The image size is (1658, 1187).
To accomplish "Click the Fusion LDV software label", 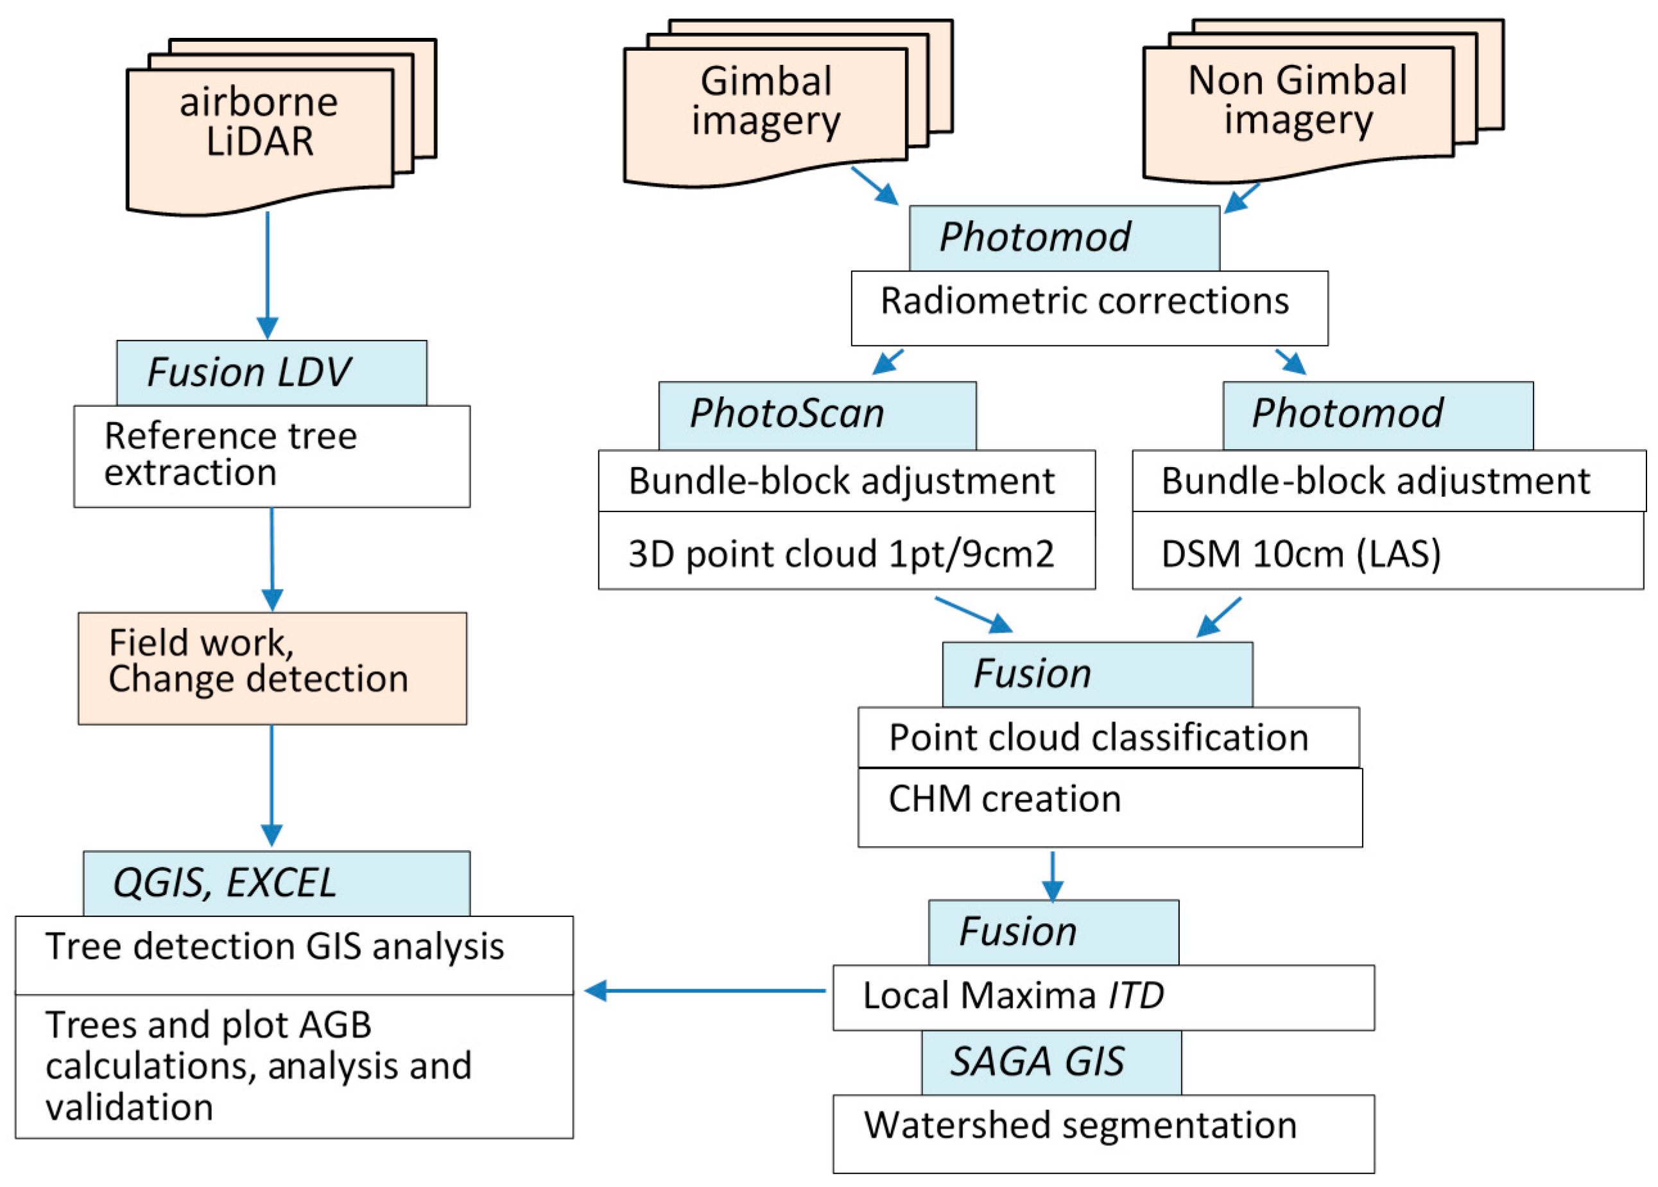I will pos(272,373).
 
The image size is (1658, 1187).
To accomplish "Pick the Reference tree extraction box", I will pos(272,456).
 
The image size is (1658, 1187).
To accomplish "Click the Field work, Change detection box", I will pos(272,668).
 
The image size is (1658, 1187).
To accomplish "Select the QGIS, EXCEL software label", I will pos(275,882).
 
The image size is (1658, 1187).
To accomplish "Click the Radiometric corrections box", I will pos(1089,308).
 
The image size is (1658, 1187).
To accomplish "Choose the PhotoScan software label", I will pos(816,414).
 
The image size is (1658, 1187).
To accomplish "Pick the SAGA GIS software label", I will pos(1051,1062).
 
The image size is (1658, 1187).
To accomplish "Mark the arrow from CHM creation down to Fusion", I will pos(1052,875).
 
